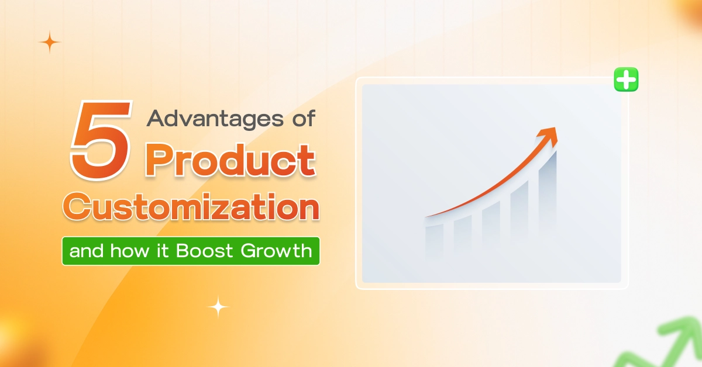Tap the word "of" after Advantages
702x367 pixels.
click(302, 119)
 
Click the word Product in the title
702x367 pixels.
click(230, 160)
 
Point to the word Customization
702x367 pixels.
click(192, 208)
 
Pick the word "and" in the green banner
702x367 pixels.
click(85, 252)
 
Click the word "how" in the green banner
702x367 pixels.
click(126, 252)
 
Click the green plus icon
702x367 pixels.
click(626, 80)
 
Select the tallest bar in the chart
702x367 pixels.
click(547, 193)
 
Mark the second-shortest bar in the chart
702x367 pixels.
click(462, 234)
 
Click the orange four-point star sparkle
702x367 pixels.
click(50, 43)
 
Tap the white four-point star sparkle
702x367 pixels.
click(218, 307)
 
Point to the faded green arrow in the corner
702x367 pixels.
click(673, 345)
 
